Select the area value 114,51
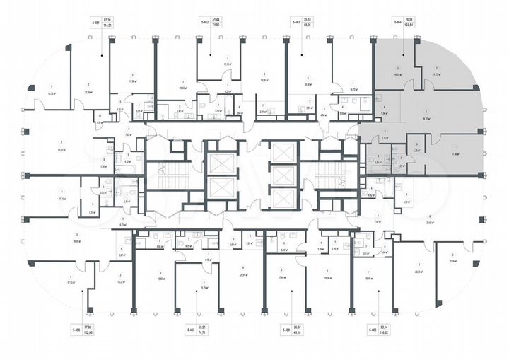[109, 26]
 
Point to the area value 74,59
[220, 26]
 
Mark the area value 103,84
[407, 26]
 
